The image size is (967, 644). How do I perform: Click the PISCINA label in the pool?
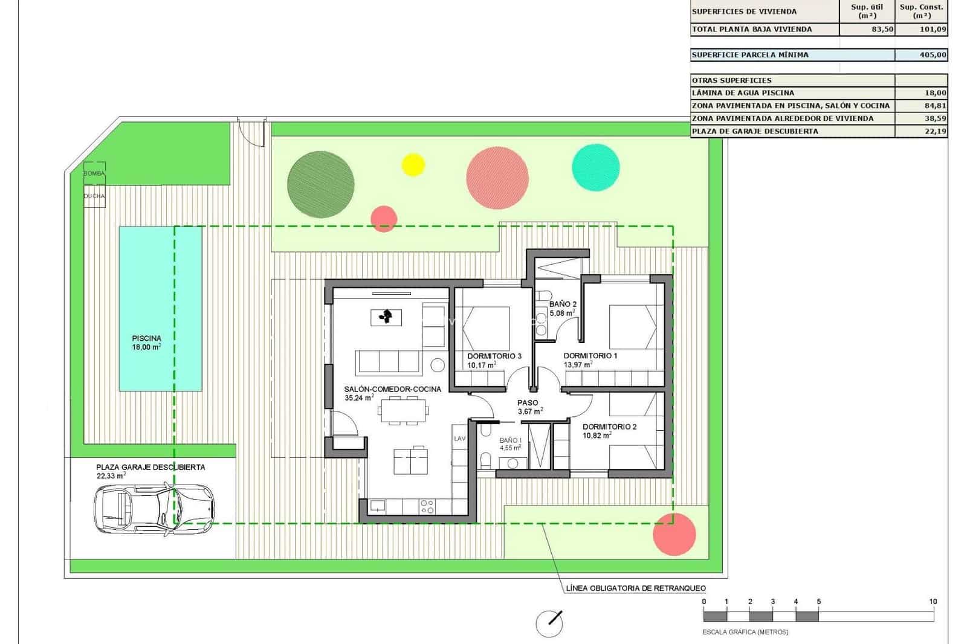[x=146, y=338]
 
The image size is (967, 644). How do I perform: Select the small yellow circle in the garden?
[x=413, y=164]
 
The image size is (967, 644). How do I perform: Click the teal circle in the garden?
[x=595, y=167]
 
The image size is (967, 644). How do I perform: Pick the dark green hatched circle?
[x=320, y=184]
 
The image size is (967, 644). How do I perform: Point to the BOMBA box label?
[x=94, y=173]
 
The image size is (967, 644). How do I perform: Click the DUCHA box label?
[x=94, y=196]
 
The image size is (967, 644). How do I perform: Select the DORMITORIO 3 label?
[x=494, y=356]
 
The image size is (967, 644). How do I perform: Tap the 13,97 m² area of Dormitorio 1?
[x=578, y=365]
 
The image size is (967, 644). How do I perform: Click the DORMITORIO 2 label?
[x=609, y=427]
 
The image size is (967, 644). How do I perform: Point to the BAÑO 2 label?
[x=563, y=304]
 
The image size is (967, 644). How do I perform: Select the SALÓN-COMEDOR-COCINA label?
[x=392, y=389]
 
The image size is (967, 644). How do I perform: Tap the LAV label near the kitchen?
[x=459, y=439]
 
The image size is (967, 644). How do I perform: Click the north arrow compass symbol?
[x=549, y=623]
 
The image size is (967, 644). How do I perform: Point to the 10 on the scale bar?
[x=933, y=602]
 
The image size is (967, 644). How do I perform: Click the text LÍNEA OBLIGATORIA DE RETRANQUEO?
[x=636, y=588]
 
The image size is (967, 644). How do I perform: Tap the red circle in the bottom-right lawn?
[x=674, y=534]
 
